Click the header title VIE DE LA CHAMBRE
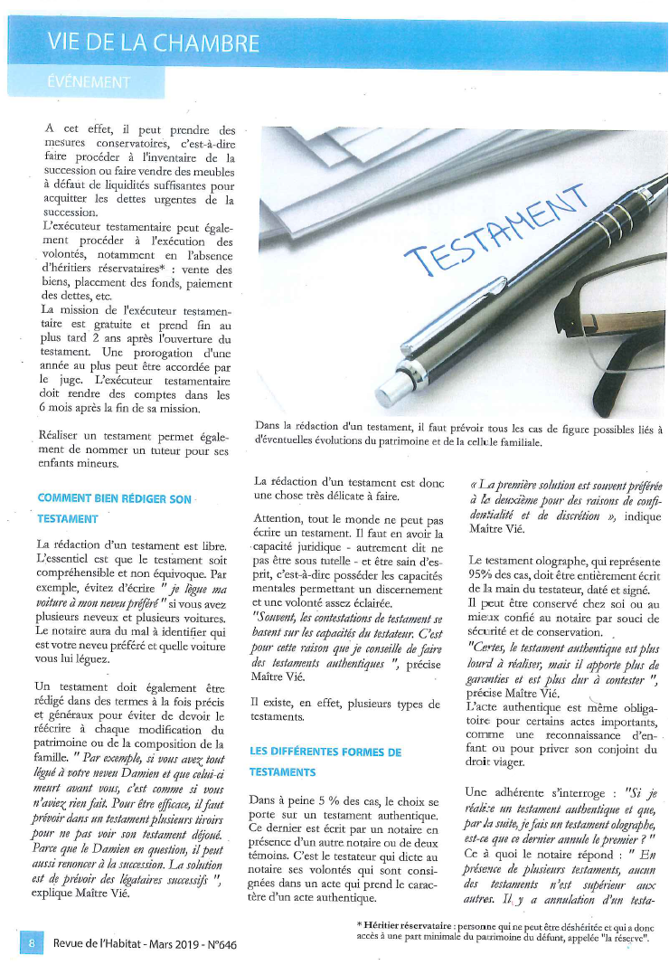tap(154, 42)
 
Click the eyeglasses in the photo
tap(615, 344)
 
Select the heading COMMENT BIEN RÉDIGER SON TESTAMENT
tap(113, 508)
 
